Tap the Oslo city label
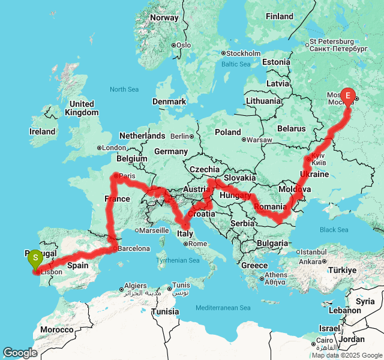(x=183, y=45)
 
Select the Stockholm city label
(x=242, y=53)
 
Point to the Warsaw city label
(x=259, y=140)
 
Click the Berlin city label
(x=179, y=136)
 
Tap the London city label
(x=114, y=148)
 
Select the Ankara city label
(x=310, y=262)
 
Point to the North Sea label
(x=124, y=89)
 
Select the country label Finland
(x=279, y=17)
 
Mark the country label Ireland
(x=42, y=131)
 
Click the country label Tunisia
(x=164, y=312)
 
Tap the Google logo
(x=19, y=353)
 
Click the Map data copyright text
(x=346, y=355)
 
